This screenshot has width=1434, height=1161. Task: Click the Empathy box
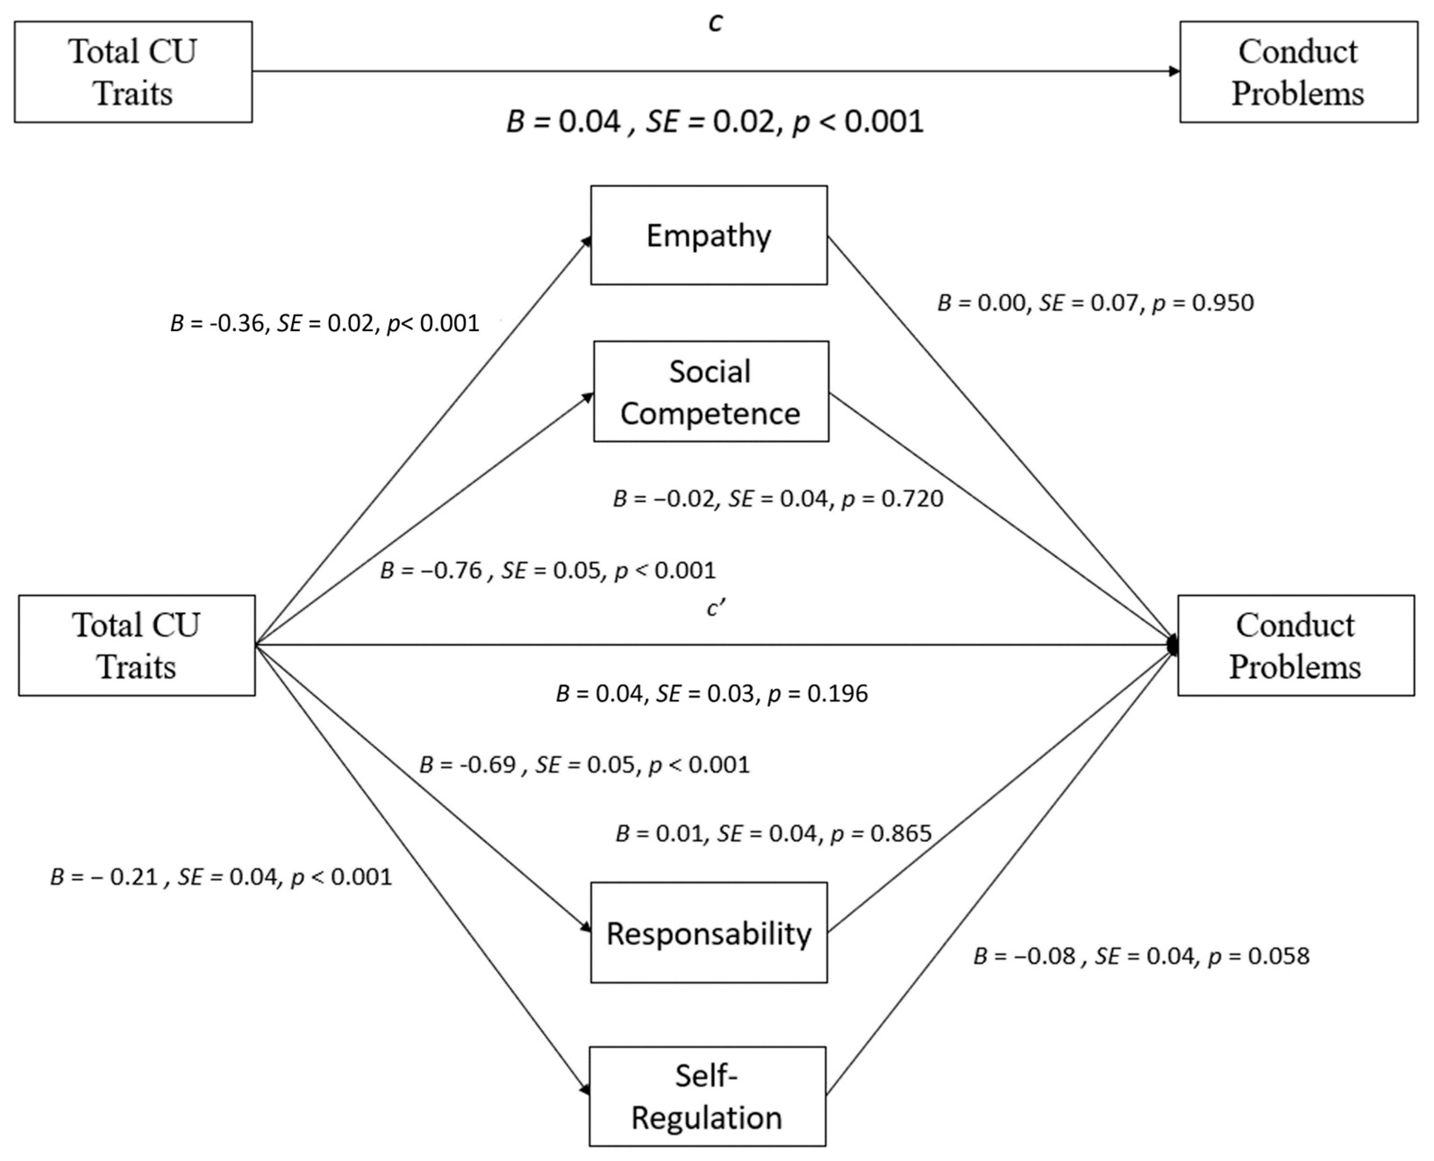click(x=708, y=236)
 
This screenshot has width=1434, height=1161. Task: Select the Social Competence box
click(x=711, y=392)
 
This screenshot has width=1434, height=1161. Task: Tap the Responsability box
click(x=708, y=933)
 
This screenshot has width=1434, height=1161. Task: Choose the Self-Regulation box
click(x=707, y=1097)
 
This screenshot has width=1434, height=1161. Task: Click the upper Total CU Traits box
click(x=133, y=72)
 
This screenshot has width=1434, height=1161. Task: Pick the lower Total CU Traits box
click(x=136, y=645)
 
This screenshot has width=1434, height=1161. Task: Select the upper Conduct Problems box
click(x=1298, y=72)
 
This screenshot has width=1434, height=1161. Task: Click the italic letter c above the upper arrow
click(x=715, y=23)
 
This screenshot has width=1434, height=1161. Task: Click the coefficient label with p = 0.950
click(x=1095, y=303)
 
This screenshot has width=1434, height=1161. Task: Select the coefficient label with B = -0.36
click(x=325, y=324)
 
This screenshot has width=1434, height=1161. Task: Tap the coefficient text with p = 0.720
click(x=777, y=499)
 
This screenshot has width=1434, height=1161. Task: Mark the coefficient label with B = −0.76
click(x=547, y=570)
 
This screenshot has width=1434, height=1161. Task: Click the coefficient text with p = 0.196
click(x=712, y=694)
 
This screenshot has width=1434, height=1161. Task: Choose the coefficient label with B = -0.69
click(x=584, y=764)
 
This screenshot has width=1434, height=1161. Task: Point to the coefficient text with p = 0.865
click(x=773, y=833)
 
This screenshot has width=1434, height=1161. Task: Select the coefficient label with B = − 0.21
click(x=221, y=877)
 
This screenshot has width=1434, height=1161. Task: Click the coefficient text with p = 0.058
click(x=1141, y=957)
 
